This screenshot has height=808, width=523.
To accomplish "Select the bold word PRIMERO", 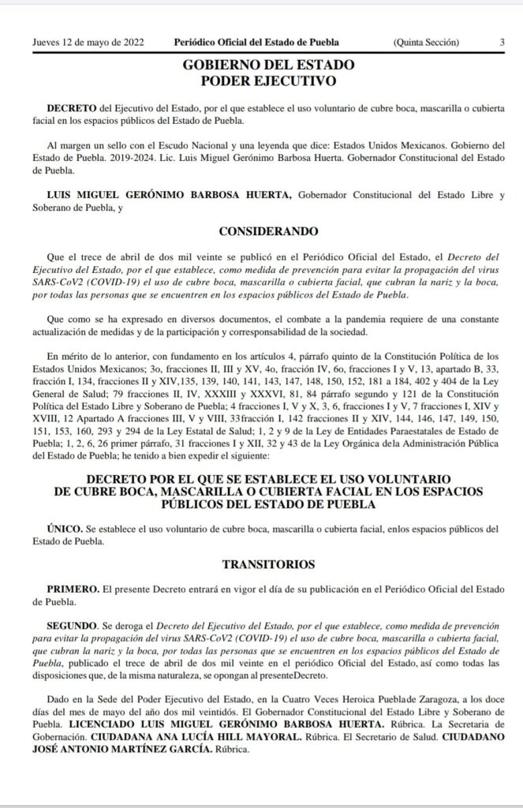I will (73, 588).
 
